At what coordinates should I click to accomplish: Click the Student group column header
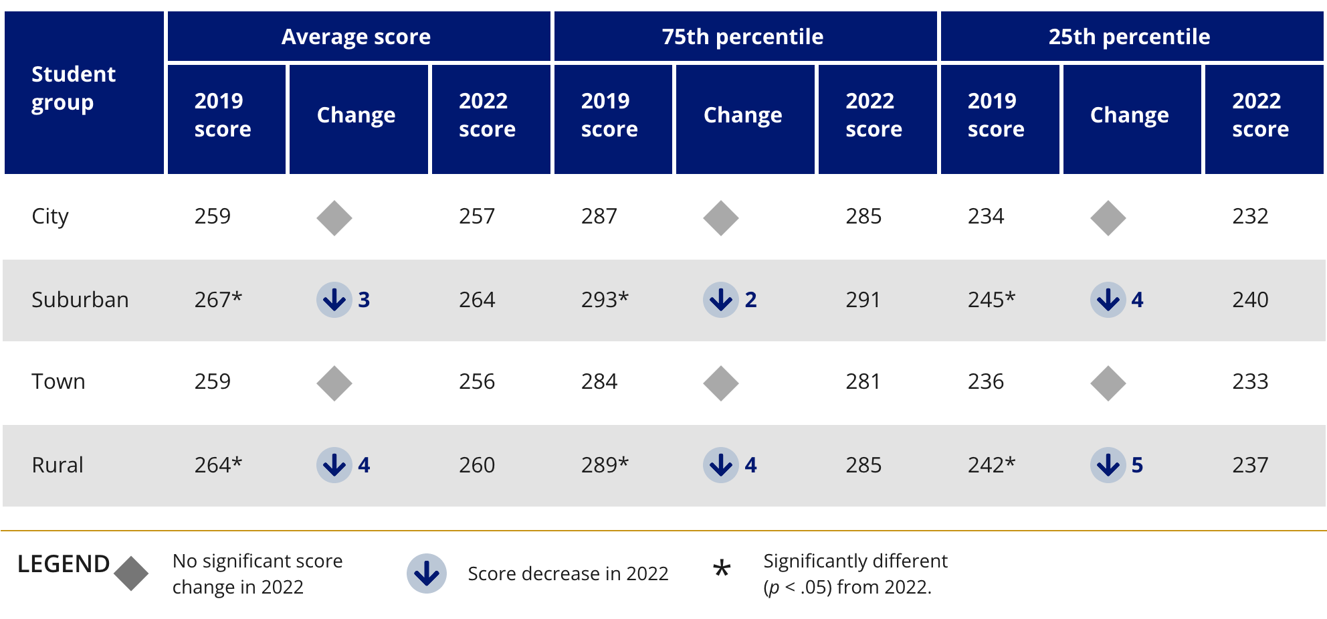(x=74, y=88)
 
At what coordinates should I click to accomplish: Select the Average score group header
(x=356, y=37)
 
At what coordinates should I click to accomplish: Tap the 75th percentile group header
(x=742, y=37)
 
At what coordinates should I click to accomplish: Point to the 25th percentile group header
(x=1129, y=37)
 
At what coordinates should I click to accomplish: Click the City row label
(x=50, y=217)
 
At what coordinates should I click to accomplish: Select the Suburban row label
(x=80, y=300)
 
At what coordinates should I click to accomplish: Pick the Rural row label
(x=58, y=465)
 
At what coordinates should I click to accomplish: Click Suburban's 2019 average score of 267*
(x=218, y=300)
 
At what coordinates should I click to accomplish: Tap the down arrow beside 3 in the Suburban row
(x=334, y=300)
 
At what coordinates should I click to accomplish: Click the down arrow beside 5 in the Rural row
(x=1108, y=465)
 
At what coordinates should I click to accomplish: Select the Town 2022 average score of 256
(x=477, y=382)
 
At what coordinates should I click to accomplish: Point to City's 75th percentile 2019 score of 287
(x=599, y=217)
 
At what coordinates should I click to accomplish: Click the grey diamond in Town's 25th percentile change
(x=1108, y=383)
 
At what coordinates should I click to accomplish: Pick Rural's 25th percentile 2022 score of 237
(x=1250, y=465)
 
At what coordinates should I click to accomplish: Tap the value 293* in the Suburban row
(x=605, y=300)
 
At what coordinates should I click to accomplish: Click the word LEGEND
(x=63, y=564)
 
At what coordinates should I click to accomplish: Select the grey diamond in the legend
(x=131, y=573)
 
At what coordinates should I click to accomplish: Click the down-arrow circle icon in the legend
(x=427, y=573)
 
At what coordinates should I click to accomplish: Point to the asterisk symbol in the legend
(x=722, y=569)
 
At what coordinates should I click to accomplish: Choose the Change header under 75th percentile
(x=742, y=116)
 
